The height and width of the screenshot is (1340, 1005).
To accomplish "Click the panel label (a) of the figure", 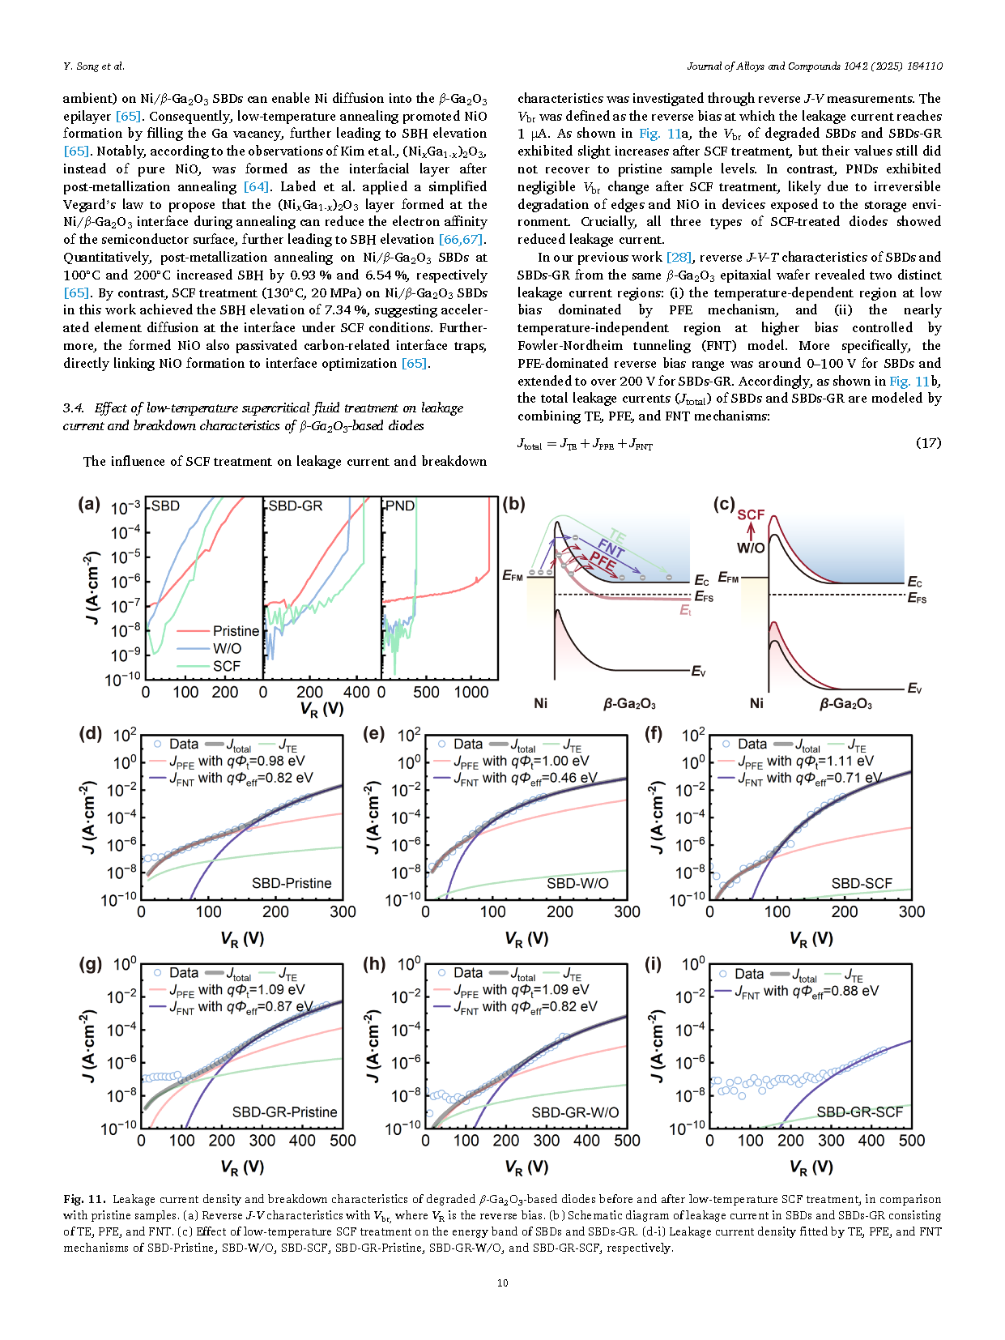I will tap(89, 505).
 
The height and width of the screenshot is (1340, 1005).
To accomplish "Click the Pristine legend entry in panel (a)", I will tap(236, 631).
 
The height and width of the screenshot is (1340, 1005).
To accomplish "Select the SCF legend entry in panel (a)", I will tap(227, 666).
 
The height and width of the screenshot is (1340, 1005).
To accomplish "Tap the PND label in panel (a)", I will tap(400, 506).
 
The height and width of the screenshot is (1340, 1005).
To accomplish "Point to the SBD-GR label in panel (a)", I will tap(296, 506).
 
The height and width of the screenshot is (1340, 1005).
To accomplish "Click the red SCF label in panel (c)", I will tap(751, 514).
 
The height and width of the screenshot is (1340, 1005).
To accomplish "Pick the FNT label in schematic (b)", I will tap(611, 548).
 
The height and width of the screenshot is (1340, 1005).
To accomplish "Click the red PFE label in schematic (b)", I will tap(603, 560).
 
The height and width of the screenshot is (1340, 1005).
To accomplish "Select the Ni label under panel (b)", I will tap(540, 703).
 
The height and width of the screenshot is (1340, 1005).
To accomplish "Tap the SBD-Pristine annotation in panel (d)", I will tap(292, 883).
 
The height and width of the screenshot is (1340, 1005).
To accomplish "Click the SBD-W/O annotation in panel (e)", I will tap(577, 883).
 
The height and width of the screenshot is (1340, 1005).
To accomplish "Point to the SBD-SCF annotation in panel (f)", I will tap(862, 883).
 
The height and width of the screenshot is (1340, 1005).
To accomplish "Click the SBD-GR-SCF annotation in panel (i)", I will tap(859, 1112).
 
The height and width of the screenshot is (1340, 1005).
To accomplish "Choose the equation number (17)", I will tap(928, 442).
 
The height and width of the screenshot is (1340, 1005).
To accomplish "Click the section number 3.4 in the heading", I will tap(74, 408).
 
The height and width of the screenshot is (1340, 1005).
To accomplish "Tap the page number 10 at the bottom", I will tap(502, 1282).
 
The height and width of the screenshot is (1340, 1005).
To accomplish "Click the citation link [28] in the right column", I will tap(679, 258).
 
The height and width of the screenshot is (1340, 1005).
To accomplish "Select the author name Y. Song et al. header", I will tap(94, 66).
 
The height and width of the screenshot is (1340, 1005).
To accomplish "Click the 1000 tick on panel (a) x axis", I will tap(471, 692).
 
